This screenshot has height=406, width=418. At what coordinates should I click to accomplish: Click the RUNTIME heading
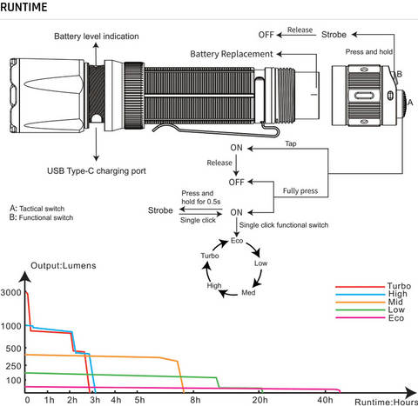(24, 7)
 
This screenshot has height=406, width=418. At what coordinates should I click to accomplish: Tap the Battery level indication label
(97, 37)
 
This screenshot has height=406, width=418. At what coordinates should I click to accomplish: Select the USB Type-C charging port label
(97, 171)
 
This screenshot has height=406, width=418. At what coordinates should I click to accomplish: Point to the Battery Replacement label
(232, 54)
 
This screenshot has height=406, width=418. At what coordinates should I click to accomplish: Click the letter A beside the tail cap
(410, 103)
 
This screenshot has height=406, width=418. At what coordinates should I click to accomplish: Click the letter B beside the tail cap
(400, 74)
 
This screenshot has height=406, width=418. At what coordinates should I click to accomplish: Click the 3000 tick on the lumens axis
(11, 292)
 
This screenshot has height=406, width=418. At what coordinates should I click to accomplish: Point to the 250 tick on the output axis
(14, 366)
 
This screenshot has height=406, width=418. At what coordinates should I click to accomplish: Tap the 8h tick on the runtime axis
(195, 400)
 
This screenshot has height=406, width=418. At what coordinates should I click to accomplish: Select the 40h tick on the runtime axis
(325, 400)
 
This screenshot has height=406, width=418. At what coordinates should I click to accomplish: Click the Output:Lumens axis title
(64, 266)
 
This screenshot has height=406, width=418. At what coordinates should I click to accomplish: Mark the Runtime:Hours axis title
(386, 402)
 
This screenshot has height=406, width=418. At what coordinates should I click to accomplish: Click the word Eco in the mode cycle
(237, 241)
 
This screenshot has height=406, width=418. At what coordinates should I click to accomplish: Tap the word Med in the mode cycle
(248, 293)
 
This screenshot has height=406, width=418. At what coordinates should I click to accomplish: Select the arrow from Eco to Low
(255, 249)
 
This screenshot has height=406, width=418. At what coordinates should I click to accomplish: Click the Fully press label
(300, 191)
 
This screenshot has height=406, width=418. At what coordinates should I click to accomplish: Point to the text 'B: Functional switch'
(41, 217)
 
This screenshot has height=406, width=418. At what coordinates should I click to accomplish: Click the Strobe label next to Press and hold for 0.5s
(160, 210)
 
